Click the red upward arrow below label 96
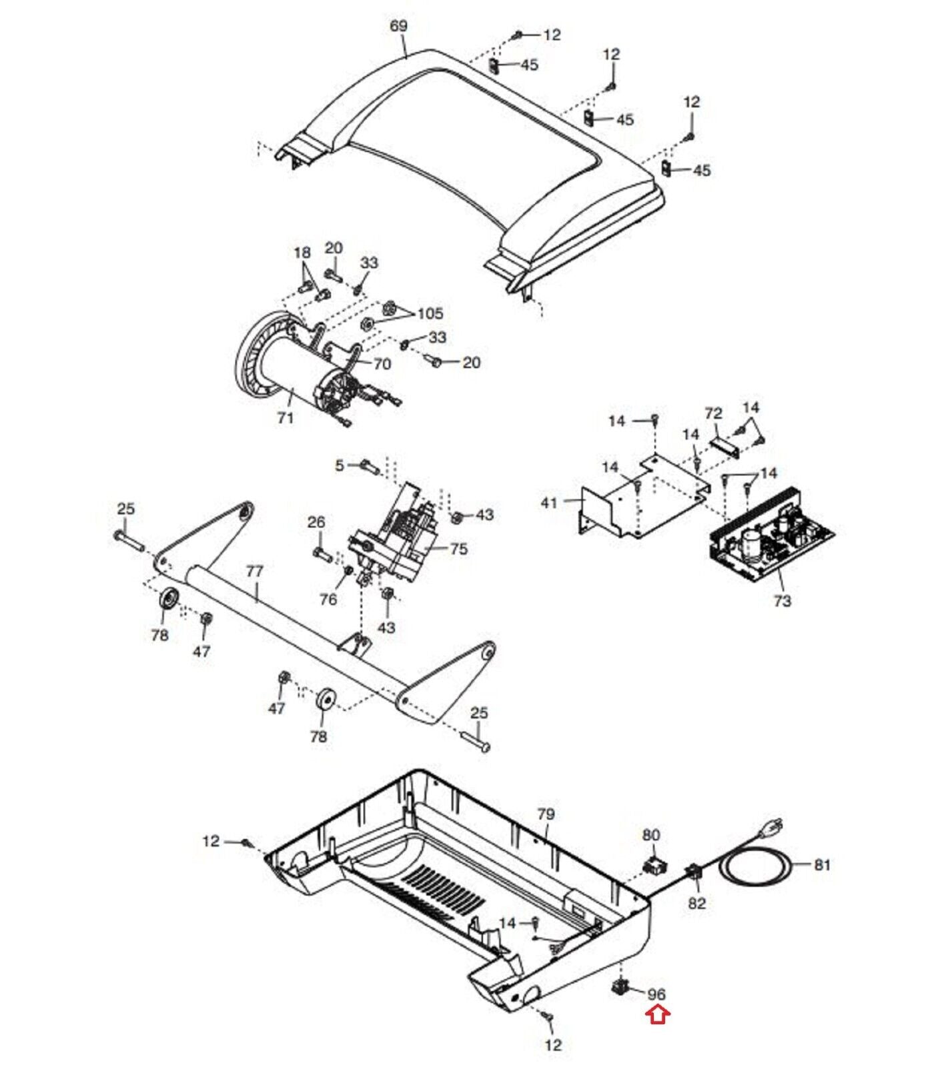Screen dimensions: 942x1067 pos(658,1015)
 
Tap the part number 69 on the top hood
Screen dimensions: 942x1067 pos(398,26)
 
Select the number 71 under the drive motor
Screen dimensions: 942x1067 pos(286,418)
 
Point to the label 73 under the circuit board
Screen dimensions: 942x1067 pos(783,600)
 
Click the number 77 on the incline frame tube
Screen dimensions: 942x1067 pos(255,572)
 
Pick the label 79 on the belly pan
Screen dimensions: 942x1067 pos(546,814)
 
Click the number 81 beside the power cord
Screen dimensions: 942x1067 pos(823,864)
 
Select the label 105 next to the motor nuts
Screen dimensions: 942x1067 pos(430,313)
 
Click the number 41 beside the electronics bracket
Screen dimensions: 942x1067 pos(549,502)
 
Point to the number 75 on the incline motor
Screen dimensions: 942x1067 pos(459,549)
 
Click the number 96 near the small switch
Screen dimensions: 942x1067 pos(656,994)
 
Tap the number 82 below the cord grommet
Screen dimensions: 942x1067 pos(696,903)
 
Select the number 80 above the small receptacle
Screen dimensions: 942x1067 pos(651,835)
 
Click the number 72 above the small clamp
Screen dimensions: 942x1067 pos(713,413)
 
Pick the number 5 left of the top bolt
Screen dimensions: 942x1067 pos(340,465)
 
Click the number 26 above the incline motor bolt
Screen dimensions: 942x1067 pos(316,521)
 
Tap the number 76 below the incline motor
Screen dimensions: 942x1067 pos(328,599)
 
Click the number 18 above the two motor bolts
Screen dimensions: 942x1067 pos(302,253)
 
